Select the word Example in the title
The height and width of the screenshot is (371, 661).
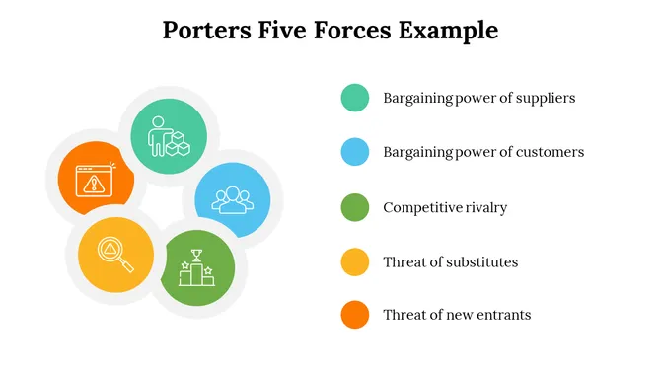448,31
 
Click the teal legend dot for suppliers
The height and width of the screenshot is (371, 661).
354,98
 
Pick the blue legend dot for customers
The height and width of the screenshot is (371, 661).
354,152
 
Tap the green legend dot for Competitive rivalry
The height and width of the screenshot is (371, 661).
354,207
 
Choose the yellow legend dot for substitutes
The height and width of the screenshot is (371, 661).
354,261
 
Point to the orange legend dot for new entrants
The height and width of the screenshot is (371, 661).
354,315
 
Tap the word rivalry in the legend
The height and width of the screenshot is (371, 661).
484,207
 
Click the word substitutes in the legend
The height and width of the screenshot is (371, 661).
483,261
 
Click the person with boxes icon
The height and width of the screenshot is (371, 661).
168,136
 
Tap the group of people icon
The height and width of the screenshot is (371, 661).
233,198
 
